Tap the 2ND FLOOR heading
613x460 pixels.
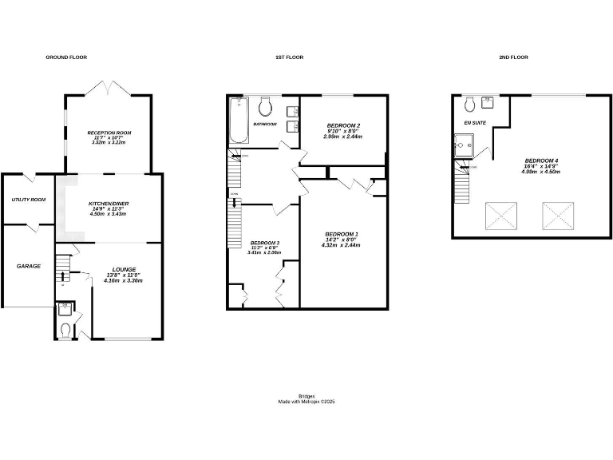point(513,57)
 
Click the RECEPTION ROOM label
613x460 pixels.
point(109,133)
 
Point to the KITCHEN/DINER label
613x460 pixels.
point(109,204)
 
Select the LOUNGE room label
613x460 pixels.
point(124,269)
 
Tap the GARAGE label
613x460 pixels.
point(30,266)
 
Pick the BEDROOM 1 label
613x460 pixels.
point(342,233)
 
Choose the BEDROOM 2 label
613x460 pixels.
point(343,125)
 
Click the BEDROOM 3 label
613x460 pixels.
point(264,243)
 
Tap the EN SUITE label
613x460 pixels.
point(475,123)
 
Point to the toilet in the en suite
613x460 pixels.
point(471,103)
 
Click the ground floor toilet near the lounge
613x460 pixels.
point(65,329)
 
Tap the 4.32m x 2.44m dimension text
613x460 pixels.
point(342,244)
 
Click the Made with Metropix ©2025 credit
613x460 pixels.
point(306,402)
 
